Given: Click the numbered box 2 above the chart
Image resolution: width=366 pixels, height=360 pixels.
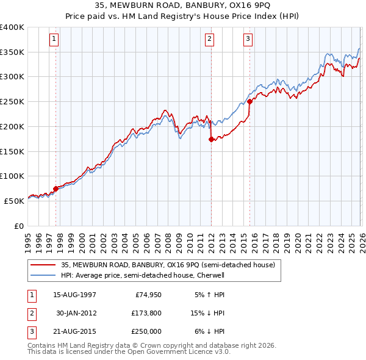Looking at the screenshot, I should [x=209, y=40].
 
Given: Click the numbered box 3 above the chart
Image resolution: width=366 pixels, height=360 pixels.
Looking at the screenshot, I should [x=248, y=40].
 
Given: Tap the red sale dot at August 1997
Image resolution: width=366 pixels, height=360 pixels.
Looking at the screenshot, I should [x=56, y=189].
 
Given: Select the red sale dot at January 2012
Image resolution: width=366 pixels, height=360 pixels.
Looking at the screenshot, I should [x=211, y=139].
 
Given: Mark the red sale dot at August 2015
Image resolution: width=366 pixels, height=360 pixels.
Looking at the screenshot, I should [x=249, y=102].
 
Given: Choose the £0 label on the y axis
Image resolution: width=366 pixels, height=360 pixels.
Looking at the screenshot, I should [x=18, y=226].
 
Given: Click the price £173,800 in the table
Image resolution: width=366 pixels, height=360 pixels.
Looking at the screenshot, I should [x=147, y=313].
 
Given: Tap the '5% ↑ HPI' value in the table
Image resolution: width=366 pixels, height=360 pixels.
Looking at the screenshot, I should [x=209, y=295].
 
